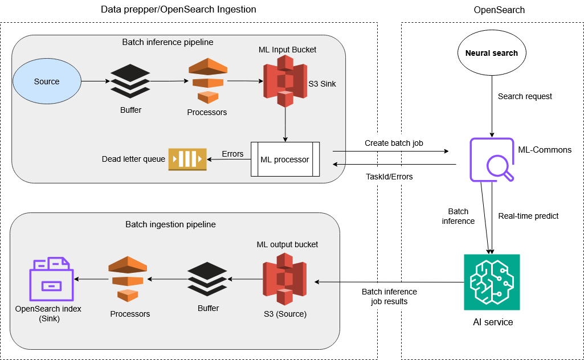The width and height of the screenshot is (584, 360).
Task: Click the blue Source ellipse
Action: pyautogui.click(x=47, y=81)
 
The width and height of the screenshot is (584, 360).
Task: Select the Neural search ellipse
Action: pyautogui.click(x=492, y=54)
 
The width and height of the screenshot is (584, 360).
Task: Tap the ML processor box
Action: pyautogui.click(x=285, y=159)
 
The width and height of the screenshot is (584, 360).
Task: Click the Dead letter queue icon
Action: pyautogui.click(x=187, y=159)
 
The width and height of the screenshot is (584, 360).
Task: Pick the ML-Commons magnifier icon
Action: pyautogui.click(x=492, y=160)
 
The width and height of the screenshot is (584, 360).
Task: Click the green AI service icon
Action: pyautogui.click(x=492, y=282)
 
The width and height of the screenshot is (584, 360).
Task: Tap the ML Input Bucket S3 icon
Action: pyautogui.click(x=285, y=82)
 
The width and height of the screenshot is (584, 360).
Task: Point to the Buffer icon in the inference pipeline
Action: pyautogui.click(x=130, y=81)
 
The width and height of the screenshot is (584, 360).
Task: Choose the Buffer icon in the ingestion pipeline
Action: pyautogui.click(x=207, y=279)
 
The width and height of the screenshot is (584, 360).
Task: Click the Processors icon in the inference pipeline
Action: pyautogui.click(x=207, y=81)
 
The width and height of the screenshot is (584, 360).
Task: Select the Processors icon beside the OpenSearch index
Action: pyautogui.click(x=128, y=279)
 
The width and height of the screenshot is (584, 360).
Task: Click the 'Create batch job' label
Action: pyautogui.click(x=393, y=142)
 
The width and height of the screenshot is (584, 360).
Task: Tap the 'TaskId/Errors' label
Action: pyautogui.click(x=389, y=177)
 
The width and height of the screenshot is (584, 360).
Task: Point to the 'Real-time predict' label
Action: pyautogui.click(x=528, y=216)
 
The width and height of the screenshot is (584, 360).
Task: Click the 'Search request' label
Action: pyautogui.click(x=525, y=96)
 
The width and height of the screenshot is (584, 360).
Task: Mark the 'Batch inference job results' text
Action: pyautogui.click(x=389, y=296)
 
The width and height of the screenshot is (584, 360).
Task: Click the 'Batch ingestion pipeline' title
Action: pyautogui.click(x=170, y=224)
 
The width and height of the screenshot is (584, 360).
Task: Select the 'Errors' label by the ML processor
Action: pyautogui.click(x=232, y=154)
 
